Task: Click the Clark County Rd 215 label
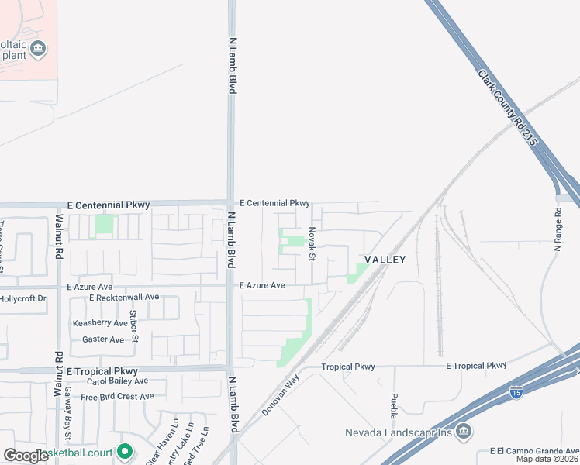point(508,109)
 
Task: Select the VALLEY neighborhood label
point(386,260)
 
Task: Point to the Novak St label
point(312,243)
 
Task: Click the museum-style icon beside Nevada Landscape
point(463,431)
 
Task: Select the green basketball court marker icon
point(123,452)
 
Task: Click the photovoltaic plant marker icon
point(37,50)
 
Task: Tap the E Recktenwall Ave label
point(124,298)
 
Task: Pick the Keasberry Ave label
point(100,323)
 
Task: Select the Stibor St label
point(134,325)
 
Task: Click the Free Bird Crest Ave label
point(118,397)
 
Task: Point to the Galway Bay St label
point(68,406)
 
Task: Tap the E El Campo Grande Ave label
point(534,451)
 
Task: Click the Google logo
point(26,455)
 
